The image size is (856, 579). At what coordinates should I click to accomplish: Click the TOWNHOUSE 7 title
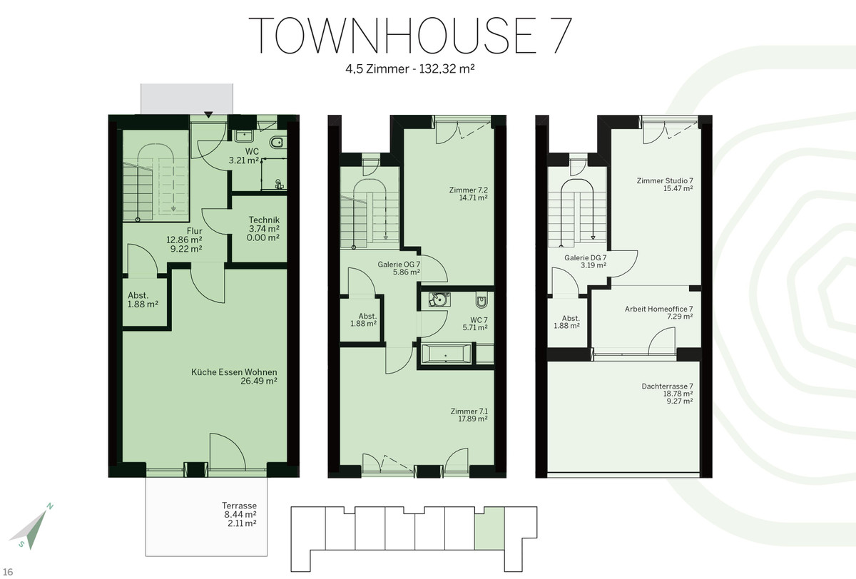[410, 36]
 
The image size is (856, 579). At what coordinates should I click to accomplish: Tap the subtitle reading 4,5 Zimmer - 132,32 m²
[410, 69]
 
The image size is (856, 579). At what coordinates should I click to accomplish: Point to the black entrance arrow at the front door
[208, 115]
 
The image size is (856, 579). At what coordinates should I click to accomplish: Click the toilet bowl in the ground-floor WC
[277, 143]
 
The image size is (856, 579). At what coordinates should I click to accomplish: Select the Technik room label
[264, 220]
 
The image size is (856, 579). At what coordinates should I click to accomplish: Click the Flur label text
[195, 231]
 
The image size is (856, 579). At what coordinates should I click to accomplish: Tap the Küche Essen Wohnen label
[234, 372]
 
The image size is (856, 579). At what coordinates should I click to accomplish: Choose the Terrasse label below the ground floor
[239, 506]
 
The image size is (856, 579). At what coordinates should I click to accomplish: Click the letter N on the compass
[50, 507]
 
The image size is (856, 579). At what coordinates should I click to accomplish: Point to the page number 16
[8, 572]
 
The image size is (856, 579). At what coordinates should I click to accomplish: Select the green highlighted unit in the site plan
[489, 528]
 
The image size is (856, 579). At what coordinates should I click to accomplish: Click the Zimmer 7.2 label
[469, 190]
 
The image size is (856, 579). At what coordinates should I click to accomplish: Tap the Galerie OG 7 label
[399, 265]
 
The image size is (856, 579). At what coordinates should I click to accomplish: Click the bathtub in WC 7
[446, 354]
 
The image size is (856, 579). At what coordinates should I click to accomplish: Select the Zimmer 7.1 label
[469, 411]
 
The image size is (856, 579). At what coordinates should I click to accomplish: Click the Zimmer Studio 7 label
[665, 180]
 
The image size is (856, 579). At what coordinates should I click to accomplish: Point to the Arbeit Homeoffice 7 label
[659, 309]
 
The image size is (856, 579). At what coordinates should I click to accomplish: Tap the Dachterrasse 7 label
[667, 386]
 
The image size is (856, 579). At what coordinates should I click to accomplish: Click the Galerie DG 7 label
[586, 258]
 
